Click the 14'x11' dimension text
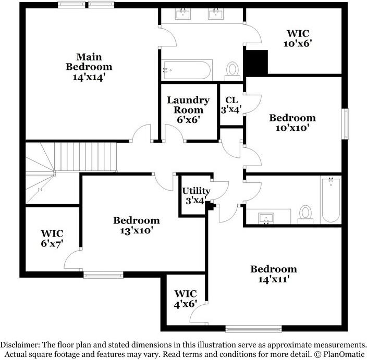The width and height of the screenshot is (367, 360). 274,279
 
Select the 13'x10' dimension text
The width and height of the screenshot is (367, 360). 137,230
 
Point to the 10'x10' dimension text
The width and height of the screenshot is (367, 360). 292,128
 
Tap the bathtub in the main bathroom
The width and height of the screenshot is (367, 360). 186,68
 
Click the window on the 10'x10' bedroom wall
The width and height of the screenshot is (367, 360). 345,124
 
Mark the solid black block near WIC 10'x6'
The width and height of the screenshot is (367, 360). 255,62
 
